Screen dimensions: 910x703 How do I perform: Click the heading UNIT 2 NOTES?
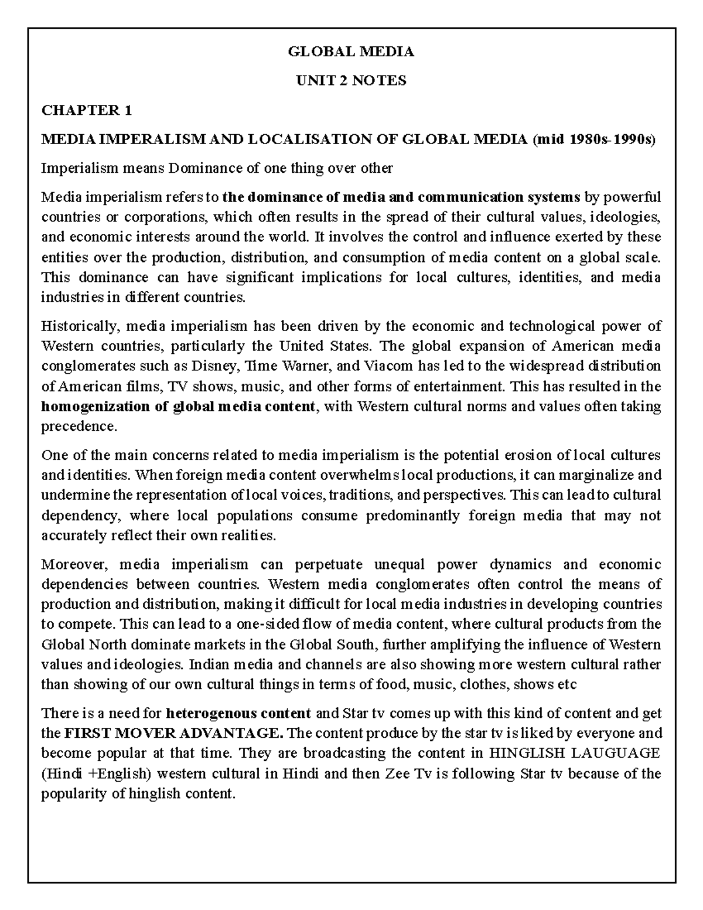351,81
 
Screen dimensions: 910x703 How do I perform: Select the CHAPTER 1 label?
87,110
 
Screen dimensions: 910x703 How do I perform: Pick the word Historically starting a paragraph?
77,326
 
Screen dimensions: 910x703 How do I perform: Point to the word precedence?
79,427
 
